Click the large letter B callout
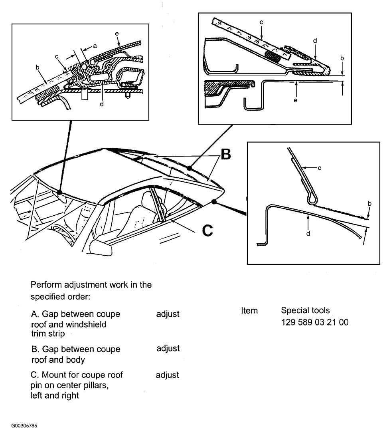(225, 155)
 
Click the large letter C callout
(207, 230)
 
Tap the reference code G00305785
(24, 425)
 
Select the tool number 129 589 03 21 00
(314, 322)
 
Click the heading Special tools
(305, 310)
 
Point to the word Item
(249, 310)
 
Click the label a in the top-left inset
(95, 46)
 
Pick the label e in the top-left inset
(117, 34)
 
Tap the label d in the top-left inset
(102, 104)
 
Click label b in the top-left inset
(38, 67)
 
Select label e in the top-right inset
(295, 100)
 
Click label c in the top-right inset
(261, 22)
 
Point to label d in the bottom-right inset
(308, 233)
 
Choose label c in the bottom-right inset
(319, 168)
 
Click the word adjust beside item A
(168, 314)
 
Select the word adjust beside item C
(168, 375)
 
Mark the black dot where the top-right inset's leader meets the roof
(190, 168)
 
